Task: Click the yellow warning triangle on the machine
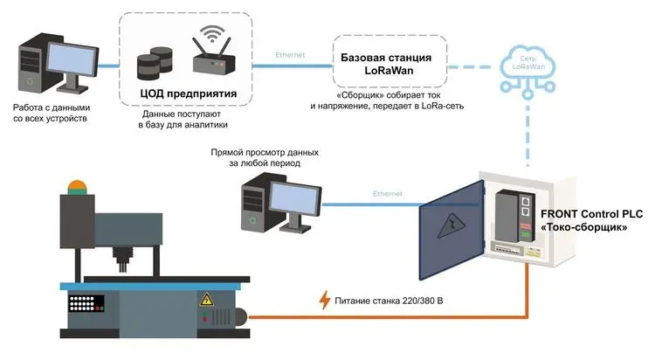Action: pyautogui.click(x=207, y=301)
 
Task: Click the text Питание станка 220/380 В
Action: pyautogui.click(x=390, y=302)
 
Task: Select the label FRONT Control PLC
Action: pyautogui.click(x=597, y=215)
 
